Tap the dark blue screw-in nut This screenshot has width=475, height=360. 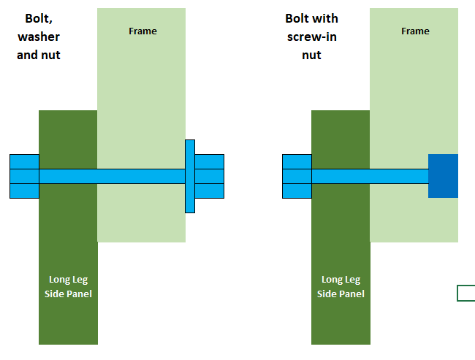[x=443, y=176]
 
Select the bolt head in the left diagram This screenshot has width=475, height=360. [x=24, y=176]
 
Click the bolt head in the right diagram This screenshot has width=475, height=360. [x=297, y=176]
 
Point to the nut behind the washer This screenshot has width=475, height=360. [x=210, y=176]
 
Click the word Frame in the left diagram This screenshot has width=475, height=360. [x=142, y=31]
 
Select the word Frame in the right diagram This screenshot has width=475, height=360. [x=415, y=31]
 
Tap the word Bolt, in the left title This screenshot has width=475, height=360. [x=39, y=18]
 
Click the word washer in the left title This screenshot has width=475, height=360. [x=39, y=37]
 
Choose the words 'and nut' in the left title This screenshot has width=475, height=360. [x=39, y=55]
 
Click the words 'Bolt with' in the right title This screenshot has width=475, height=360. [x=311, y=18]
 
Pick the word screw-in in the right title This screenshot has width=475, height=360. [x=311, y=37]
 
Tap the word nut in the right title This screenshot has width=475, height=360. [x=311, y=55]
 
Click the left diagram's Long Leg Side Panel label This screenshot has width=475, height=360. [x=68, y=286]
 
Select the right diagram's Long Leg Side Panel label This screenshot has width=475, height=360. [x=341, y=286]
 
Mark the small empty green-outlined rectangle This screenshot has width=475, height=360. [x=465, y=294]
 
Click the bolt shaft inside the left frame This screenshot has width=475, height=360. [x=141, y=176]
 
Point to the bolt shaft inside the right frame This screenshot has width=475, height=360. [x=399, y=176]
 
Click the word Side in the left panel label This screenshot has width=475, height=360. [x=55, y=294]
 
